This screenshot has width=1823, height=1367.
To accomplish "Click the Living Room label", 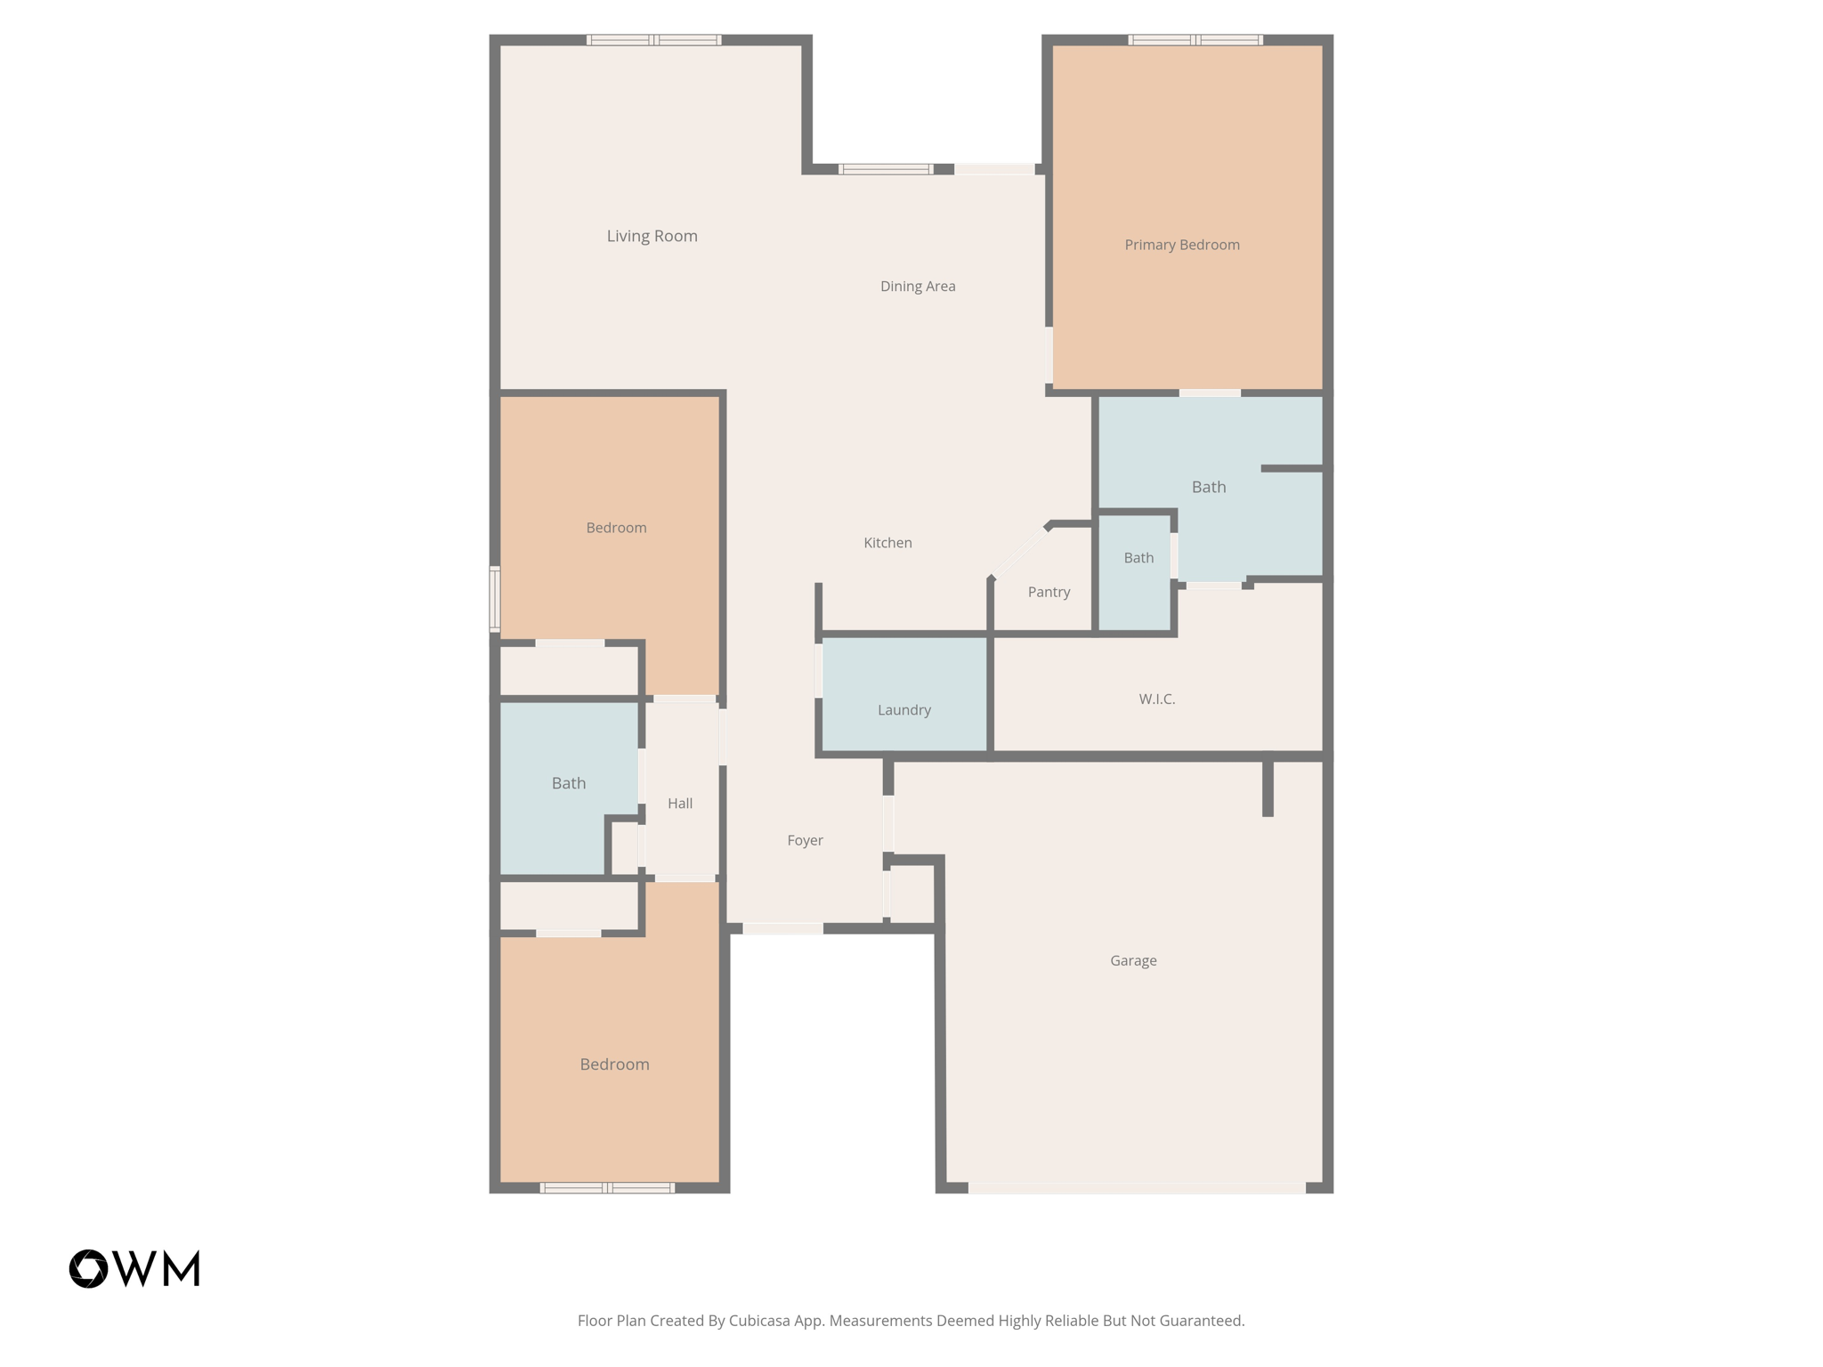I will (x=652, y=236).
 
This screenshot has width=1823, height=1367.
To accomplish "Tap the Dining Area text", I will (x=918, y=286).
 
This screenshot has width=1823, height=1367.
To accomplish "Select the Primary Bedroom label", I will (x=1181, y=245).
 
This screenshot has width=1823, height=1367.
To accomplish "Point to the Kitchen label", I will (x=887, y=543).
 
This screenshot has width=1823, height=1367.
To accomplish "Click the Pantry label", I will (x=1049, y=592).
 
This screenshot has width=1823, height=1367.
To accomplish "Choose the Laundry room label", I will (x=903, y=709).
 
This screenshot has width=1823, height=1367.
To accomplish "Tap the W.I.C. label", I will (x=1156, y=700).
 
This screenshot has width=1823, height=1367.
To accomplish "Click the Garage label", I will (x=1133, y=960).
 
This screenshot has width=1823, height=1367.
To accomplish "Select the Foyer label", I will (x=805, y=840).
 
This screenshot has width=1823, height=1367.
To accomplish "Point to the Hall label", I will (x=680, y=804).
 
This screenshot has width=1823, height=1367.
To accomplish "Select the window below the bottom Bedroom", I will (x=607, y=1187).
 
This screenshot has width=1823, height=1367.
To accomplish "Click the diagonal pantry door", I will (x=1020, y=552).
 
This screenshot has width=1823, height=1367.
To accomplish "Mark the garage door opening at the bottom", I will (x=1137, y=1187).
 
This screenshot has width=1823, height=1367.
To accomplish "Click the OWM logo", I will (x=134, y=1268).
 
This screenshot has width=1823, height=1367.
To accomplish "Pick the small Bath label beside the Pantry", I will (x=1138, y=558).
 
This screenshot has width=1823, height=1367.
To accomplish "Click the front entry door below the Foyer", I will (x=782, y=928).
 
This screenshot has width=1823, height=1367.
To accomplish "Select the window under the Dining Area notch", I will (x=886, y=169).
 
